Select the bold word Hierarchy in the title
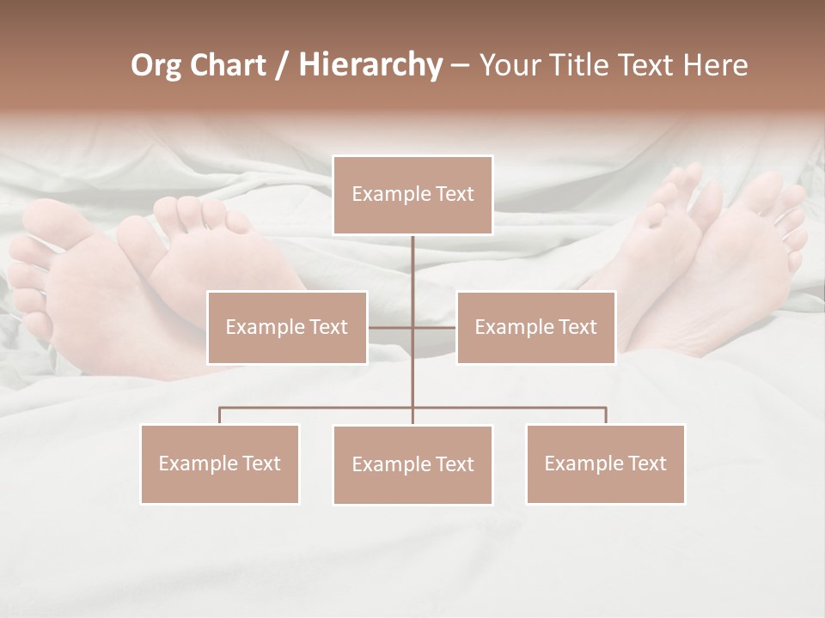[370, 65]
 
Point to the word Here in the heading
[715, 65]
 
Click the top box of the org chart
[412, 195]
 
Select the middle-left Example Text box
[287, 327]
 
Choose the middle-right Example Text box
[535, 327]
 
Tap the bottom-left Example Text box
[220, 463]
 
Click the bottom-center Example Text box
[412, 464]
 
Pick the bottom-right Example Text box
[605, 463]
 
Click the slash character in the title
[281, 66]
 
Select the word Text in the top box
[455, 194]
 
